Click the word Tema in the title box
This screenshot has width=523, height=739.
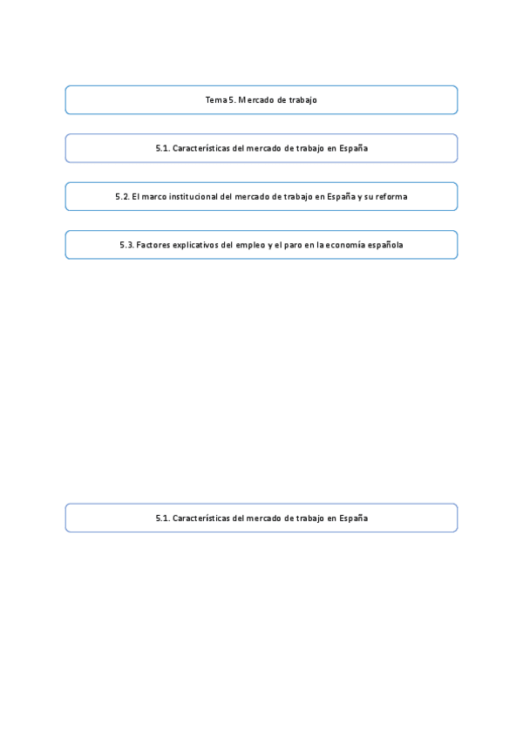215,100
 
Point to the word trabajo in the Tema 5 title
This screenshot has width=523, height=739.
302,100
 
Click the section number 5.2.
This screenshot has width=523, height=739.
122,197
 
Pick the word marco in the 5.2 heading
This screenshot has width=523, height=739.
154,197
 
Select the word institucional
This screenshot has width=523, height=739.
195,197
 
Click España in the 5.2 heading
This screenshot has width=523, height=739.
336,197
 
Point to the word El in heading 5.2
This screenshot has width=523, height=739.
136,197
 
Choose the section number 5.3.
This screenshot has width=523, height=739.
126,245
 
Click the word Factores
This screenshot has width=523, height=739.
153,245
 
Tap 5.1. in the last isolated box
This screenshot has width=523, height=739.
163,518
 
